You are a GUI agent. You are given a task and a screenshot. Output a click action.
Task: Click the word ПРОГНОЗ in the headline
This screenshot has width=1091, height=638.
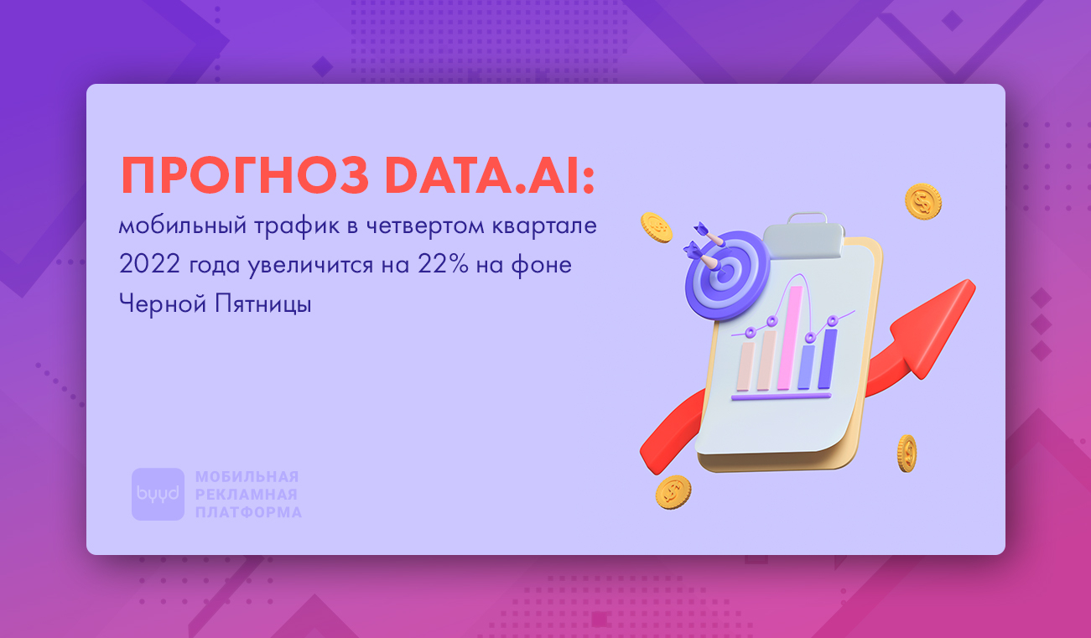click(245, 175)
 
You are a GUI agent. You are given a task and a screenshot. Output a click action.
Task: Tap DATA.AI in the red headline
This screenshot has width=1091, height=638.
click(490, 175)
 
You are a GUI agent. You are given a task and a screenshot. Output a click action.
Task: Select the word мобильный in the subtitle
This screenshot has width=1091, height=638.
click(182, 226)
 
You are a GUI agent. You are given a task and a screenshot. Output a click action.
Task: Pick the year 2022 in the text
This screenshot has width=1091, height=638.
click(149, 264)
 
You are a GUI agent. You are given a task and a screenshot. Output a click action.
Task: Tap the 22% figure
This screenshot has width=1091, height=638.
click(444, 264)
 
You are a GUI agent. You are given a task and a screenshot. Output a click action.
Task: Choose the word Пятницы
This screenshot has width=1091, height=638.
click(263, 303)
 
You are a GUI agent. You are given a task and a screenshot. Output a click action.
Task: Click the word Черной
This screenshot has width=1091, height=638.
click(162, 303)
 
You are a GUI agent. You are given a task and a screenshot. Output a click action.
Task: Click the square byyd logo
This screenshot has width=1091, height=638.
click(158, 494)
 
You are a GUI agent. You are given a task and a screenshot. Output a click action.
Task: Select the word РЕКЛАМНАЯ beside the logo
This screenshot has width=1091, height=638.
click(247, 495)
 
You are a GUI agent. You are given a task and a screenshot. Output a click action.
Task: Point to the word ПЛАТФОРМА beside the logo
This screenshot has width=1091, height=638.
click(248, 512)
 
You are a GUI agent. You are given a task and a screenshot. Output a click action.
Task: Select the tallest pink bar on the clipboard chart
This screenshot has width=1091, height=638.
click(790, 338)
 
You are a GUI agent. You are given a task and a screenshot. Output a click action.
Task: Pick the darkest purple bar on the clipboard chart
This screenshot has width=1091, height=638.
click(827, 359)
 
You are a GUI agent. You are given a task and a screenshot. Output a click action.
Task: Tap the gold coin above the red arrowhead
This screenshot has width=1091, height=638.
click(923, 201)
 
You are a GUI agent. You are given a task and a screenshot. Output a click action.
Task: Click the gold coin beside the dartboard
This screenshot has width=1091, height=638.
click(657, 227)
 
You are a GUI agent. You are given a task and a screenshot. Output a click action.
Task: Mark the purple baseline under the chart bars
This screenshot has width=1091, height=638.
click(781, 397)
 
